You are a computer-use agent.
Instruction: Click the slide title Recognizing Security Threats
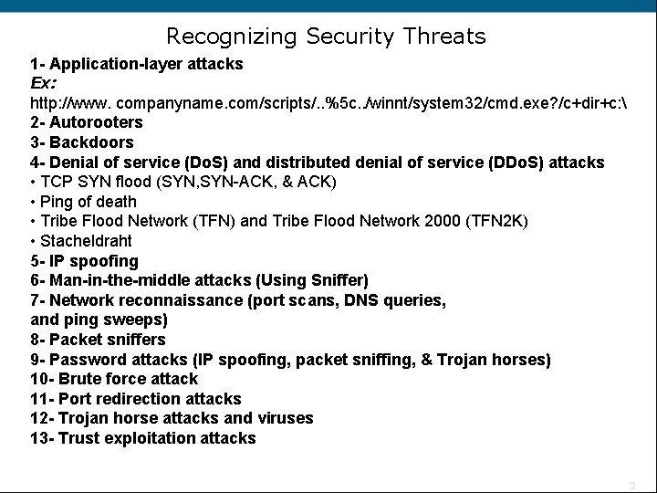tap(326, 37)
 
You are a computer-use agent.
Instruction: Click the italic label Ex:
tap(45, 82)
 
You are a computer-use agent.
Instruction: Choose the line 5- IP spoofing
tap(84, 261)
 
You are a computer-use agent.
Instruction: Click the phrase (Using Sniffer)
tap(312, 280)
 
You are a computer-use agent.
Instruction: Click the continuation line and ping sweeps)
tap(99, 320)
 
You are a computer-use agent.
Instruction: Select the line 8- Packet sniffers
tap(98, 340)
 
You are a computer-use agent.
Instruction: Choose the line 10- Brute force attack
tap(114, 379)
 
